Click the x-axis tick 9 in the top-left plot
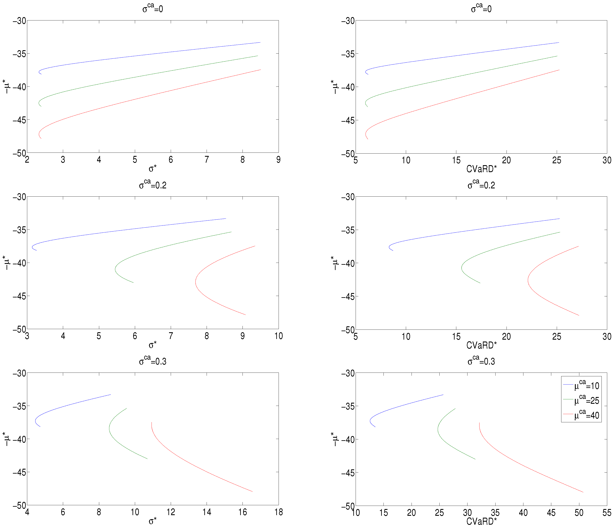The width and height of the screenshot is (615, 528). [x=278, y=160]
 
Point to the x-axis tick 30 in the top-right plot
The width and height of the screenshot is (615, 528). [x=607, y=161]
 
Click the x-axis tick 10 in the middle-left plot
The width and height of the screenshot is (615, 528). [x=278, y=336]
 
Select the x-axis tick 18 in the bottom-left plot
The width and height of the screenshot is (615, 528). [x=278, y=512]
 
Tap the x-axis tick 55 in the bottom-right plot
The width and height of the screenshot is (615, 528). [x=607, y=513]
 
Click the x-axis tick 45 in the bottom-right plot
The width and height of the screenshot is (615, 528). [x=551, y=513]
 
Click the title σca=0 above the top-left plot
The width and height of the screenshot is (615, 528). [x=153, y=8]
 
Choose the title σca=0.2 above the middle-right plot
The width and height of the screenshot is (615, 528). [x=481, y=185]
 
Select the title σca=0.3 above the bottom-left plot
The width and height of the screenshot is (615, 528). [x=153, y=361]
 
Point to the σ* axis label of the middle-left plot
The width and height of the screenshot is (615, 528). [x=153, y=345]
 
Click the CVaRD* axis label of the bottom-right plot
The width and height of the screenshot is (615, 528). [x=481, y=521]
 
